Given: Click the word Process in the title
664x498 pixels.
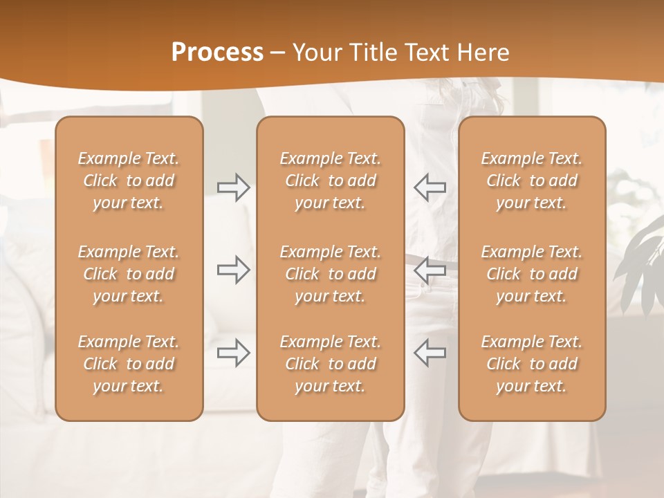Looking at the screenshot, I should (x=217, y=53).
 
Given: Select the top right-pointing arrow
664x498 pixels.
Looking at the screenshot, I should (x=234, y=187).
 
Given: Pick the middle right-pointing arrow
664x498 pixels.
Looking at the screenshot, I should (x=234, y=270).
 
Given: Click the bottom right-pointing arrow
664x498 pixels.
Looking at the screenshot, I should (x=234, y=352).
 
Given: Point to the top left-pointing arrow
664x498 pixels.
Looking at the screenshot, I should (x=430, y=187).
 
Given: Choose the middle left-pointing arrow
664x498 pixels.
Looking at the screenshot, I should (x=430, y=269).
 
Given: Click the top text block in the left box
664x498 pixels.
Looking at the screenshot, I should (x=129, y=181).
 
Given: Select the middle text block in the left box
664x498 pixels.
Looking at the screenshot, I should (x=129, y=274).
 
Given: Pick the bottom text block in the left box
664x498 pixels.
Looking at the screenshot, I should (x=129, y=364).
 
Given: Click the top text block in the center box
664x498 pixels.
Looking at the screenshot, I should (x=330, y=181).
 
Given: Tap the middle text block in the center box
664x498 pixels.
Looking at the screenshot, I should (x=330, y=274).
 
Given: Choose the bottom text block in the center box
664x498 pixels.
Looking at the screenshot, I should (x=330, y=364).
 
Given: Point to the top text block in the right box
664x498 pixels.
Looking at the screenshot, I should (x=531, y=181).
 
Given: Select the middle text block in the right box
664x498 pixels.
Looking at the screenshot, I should (x=531, y=274).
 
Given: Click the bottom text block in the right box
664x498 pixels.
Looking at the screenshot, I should (x=531, y=364).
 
